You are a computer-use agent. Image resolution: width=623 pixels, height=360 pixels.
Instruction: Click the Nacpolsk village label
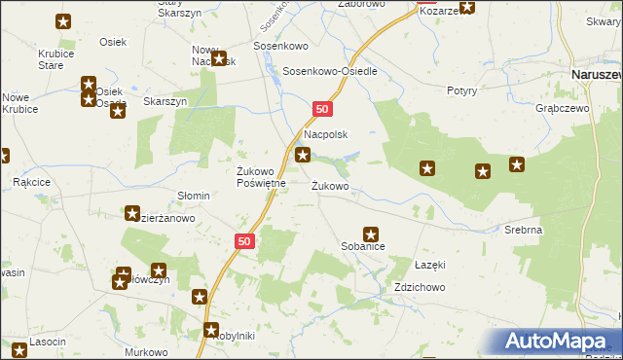tap(326, 135)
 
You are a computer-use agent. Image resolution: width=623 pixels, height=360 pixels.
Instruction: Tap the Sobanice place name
tap(362, 248)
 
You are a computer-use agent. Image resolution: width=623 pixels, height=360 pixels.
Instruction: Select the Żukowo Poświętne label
tap(261, 178)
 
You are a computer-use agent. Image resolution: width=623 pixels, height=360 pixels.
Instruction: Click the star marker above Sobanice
tap(371, 234)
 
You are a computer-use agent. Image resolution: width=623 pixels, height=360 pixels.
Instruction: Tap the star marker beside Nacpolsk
tap(304, 155)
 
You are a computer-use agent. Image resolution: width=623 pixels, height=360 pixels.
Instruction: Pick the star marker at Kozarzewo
tap(467, 7)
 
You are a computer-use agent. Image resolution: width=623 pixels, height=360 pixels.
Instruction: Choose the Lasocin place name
tap(48, 342)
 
